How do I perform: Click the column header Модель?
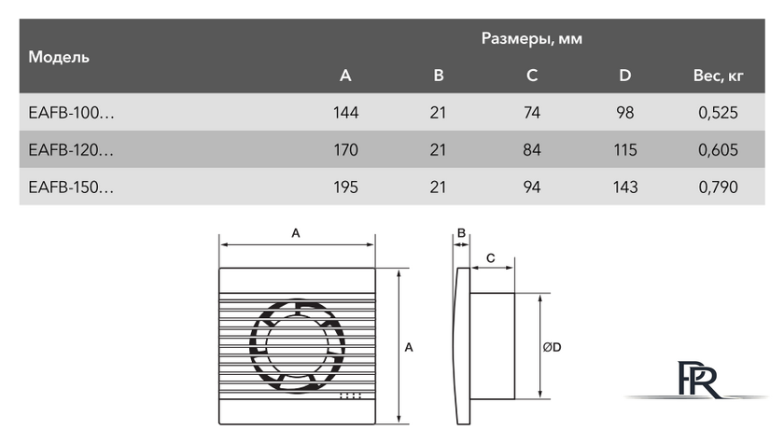tap(59, 57)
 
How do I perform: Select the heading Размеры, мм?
tap(532, 39)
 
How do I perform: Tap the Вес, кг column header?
tap(717, 76)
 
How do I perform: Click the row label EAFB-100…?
tap(72, 113)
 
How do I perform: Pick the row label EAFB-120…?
tap(72, 149)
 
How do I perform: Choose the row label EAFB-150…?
tap(72, 187)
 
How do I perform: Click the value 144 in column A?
tap(345, 113)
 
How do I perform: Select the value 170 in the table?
tap(345, 149)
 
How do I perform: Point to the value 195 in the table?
tap(345, 187)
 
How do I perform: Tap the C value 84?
tap(532, 149)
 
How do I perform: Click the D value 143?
tap(625, 187)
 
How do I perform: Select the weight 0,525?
tap(717, 113)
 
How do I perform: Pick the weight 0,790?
tap(717, 187)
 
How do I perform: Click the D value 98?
tap(625, 113)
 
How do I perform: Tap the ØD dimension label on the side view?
tap(552, 348)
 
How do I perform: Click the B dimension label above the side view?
tap(461, 233)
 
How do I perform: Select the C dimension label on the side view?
tap(490, 257)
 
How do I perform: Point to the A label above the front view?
tap(296, 234)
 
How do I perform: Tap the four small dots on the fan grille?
tap(352, 395)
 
